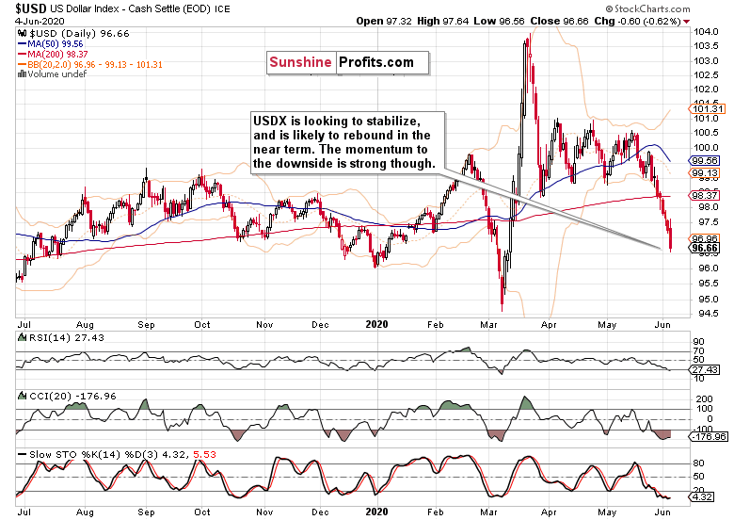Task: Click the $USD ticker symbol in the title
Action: point(35,8)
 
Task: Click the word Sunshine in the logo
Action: point(298,63)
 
